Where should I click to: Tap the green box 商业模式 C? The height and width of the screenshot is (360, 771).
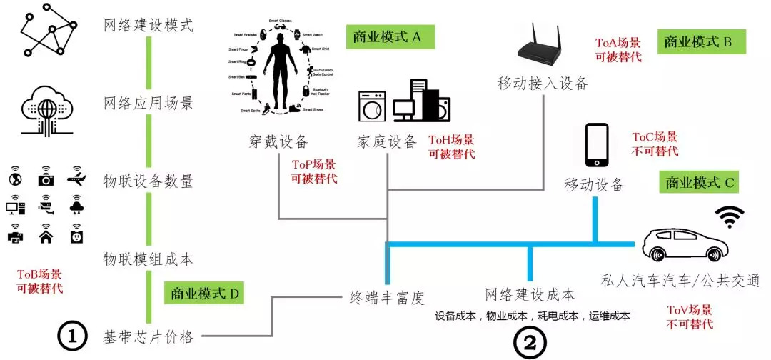pyautogui.click(x=699, y=183)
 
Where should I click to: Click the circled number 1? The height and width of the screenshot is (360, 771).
pyautogui.click(x=71, y=337)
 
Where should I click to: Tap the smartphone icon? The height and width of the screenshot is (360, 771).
pyautogui.click(x=596, y=147)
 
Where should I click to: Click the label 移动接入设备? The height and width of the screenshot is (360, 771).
pyautogui.click(x=543, y=83)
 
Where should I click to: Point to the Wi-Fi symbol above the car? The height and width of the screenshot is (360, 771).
pyautogui.click(x=730, y=216)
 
